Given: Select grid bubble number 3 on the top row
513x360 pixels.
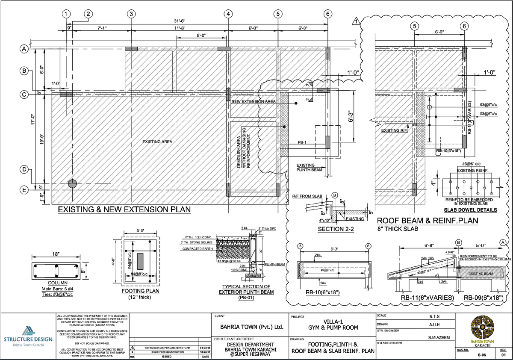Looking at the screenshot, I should click(x=131, y=14).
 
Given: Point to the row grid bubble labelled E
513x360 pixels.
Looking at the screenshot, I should click(x=25, y=189).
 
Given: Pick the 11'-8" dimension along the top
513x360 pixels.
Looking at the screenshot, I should click(x=180, y=28).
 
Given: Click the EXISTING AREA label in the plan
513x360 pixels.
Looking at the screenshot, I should click(x=157, y=142).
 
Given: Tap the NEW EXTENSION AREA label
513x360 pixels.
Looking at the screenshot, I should click(x=254, y=102).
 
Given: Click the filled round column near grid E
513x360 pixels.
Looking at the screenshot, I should click(x=73, y=183).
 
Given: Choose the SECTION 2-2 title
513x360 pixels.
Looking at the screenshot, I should click(x=337, y=229).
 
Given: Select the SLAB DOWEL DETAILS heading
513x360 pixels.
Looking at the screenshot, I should click(x=470, y=210).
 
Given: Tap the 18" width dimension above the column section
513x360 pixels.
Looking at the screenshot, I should click(x=56, y=254).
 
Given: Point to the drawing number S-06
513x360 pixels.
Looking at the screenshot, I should click(x=481, y=355).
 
